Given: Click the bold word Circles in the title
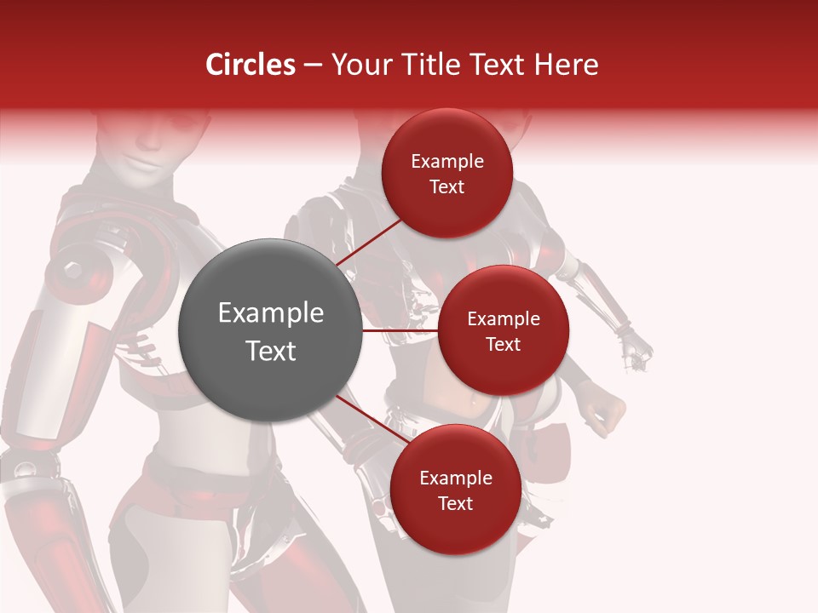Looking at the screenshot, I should click(251, 65).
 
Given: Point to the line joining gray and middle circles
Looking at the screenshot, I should click(400, 330).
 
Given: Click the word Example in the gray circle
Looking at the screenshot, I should click(271, 313).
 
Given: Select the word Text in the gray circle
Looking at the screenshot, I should click(271, 351).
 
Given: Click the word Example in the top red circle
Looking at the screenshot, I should click(447, 162).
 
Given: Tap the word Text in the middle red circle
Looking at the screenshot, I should click(503, 344).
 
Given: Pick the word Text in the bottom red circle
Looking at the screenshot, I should click(455, 503).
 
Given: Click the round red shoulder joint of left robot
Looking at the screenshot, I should click(73, 271).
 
